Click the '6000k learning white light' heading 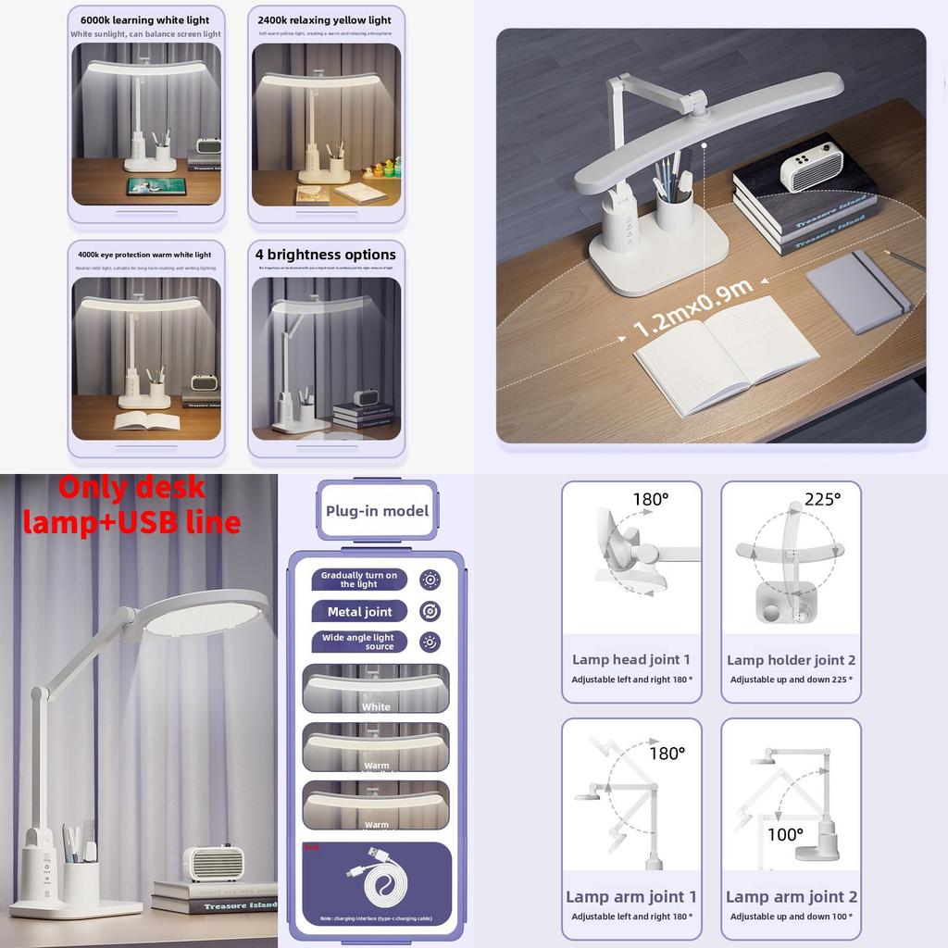[145, 19]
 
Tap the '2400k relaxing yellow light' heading [324, 19]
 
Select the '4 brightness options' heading [325, 255]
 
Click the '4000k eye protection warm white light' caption [145, 255]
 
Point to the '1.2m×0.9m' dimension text [692, 307]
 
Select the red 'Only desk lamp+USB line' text [131, 505]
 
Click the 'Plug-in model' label [377, 511]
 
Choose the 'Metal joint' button [359, 611]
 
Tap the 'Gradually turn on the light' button [359, 580]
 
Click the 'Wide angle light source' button [359, 642]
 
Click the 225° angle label [822, 499]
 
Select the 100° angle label [785, 834]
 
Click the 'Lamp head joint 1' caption [631, 660]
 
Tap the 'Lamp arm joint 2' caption [791, 896]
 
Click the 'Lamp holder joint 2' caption [791, 660]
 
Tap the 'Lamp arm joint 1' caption [631, 896]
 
